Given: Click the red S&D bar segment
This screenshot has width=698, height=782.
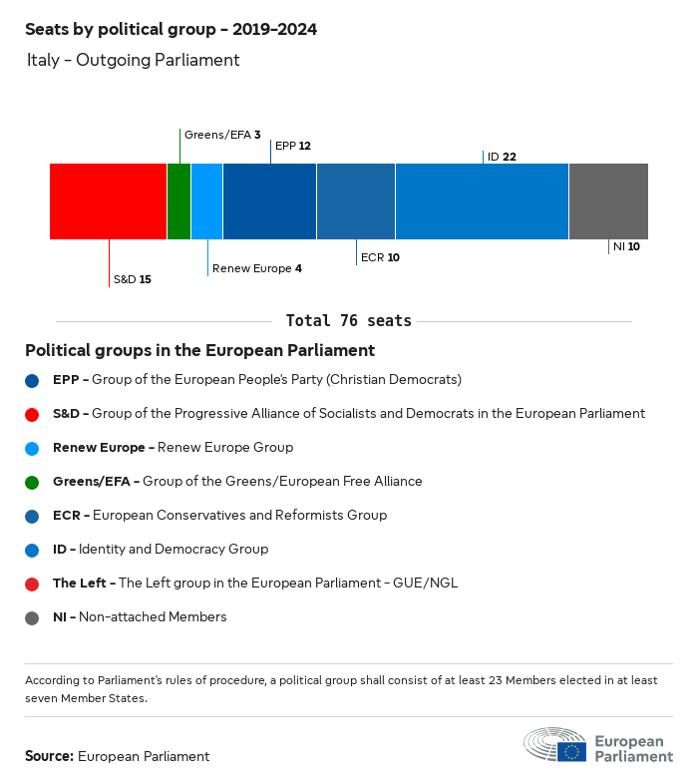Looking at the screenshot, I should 108,201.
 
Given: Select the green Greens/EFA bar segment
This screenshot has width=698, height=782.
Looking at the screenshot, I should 178,201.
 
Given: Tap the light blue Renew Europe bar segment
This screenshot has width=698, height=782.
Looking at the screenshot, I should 206,201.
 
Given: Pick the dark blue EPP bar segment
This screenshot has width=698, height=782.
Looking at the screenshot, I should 269,201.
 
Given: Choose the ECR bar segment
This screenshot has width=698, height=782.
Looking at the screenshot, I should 356,201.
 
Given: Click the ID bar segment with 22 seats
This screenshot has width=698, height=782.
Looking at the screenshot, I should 482,201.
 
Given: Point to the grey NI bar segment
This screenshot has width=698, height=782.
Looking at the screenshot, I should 608,201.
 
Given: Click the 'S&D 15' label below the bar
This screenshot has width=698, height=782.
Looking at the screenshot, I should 132,279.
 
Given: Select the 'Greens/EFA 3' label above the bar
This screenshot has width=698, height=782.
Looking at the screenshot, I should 222,134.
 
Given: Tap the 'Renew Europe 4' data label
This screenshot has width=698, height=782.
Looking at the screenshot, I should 256,268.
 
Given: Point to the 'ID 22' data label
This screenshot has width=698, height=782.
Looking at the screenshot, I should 502,157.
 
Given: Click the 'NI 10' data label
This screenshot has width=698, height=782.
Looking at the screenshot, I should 626,245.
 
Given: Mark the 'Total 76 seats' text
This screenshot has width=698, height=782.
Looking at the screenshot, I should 348,321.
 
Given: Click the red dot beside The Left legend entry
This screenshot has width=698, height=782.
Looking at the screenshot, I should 33,584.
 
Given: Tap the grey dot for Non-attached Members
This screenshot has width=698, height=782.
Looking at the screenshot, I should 33,617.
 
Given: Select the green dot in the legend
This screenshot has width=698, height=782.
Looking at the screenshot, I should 33,482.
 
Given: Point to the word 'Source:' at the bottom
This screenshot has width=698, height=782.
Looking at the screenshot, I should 49,756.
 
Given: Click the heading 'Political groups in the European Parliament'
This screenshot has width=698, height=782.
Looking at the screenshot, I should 199,350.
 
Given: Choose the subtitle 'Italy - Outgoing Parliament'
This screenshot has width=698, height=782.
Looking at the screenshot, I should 134,60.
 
